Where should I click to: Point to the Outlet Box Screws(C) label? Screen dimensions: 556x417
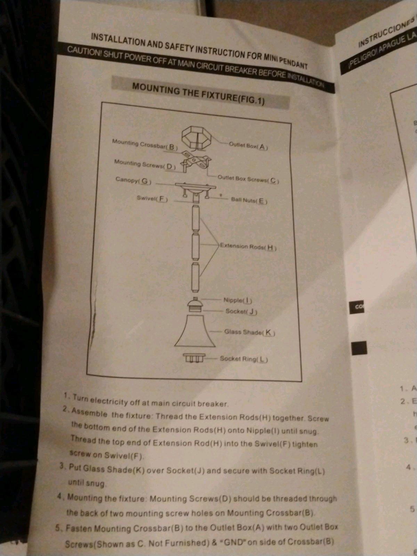(248, 179)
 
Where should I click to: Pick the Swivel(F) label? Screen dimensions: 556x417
(152, 199)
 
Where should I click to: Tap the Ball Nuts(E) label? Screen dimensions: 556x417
(249, 201)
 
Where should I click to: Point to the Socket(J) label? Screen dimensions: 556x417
(241, 311)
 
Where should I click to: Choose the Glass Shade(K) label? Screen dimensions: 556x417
(250, 332)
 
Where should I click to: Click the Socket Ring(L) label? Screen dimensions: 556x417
(244, 359)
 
